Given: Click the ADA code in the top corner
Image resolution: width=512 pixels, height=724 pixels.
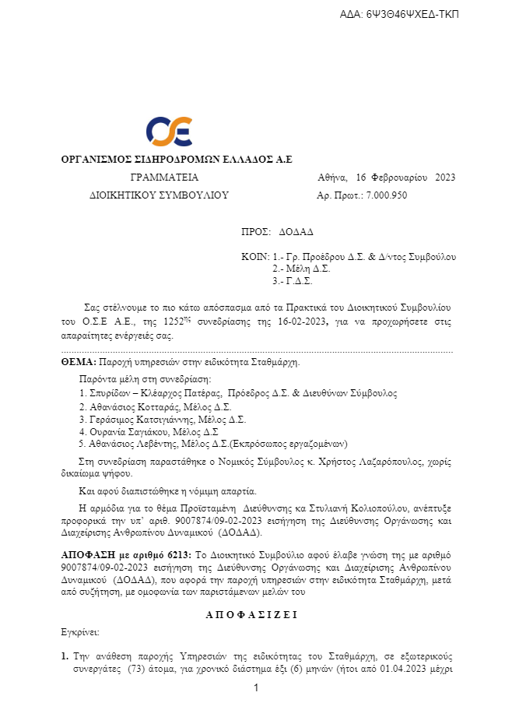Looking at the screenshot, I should (x=400, y=15).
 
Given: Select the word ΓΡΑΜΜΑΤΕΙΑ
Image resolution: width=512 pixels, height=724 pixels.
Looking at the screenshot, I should (x=165, y=177).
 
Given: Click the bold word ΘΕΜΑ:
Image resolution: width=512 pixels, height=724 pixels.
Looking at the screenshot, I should (x=78, y=362).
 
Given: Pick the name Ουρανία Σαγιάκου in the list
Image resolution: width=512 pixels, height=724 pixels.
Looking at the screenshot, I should (x=124, y=431).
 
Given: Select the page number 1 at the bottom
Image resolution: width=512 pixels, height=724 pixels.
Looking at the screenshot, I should (x=255, y=688).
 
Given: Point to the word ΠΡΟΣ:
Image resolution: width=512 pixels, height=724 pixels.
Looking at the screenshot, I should (x=255, y=233).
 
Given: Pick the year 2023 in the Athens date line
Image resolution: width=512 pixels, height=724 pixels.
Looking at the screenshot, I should (x=445, y=177).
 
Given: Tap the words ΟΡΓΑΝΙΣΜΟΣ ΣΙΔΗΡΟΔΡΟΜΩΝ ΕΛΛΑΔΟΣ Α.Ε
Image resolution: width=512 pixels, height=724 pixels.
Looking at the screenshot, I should (x=177, y=160).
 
